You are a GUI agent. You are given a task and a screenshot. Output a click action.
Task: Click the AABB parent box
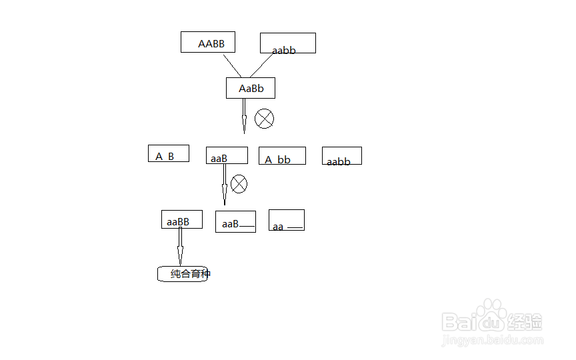208,43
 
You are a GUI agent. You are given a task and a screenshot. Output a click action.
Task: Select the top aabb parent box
287,43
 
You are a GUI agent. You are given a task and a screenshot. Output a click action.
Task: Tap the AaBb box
250,88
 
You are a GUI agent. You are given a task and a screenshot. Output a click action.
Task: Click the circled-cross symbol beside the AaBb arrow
265,119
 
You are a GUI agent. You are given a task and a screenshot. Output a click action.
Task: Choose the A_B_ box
168,153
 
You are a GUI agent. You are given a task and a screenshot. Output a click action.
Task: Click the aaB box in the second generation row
227,155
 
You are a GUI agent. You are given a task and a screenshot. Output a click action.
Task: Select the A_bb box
282,156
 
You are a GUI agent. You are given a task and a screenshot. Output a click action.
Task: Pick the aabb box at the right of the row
341,156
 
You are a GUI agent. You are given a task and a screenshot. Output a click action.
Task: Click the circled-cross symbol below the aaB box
239,183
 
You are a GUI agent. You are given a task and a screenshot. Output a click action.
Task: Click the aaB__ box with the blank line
235,221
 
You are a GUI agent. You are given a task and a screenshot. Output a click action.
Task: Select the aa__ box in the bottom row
286,220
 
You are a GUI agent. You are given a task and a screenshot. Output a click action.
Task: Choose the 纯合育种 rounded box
183,273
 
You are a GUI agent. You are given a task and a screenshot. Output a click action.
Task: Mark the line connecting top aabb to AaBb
263,65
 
